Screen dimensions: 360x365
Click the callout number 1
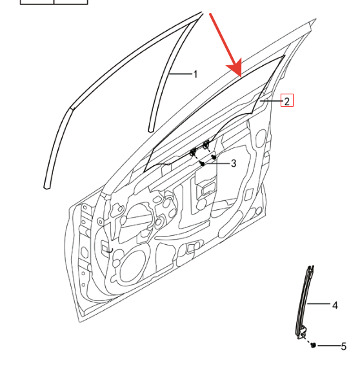pos(195,74)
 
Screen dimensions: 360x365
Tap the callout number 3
pos(234,163)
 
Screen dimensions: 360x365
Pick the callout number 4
pos(335,305)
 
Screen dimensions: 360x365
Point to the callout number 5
pos(344,347)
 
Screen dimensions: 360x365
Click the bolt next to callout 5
pos(314,345)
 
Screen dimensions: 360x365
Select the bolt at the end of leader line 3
pos(203,164)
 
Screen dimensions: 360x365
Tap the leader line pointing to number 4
pos(319,304)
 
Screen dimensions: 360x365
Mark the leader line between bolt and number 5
pos(329,346)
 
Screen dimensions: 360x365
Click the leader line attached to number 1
pos(181,74)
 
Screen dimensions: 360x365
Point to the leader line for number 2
pos(271,101)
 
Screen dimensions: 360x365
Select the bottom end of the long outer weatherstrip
pos(47,187)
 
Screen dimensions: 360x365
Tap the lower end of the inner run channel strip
pos(151,129)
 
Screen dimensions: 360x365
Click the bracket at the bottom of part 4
pos(302,333)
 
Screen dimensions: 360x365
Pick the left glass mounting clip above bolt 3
pos(193,152)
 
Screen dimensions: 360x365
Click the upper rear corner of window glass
pos(285,56)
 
